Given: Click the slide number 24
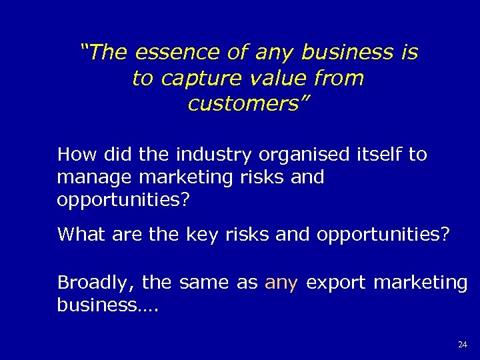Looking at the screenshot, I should pyautogui.click(x=463, y=344).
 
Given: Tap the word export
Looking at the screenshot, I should pyautogui.click(x=337, y=283).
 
